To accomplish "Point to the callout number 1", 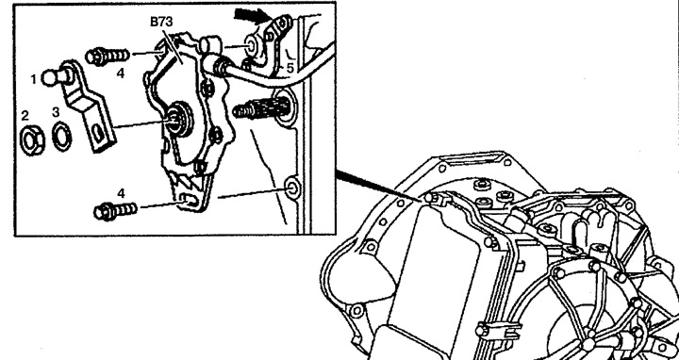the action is coord(33,79).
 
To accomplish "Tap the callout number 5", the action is coord(291,68).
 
